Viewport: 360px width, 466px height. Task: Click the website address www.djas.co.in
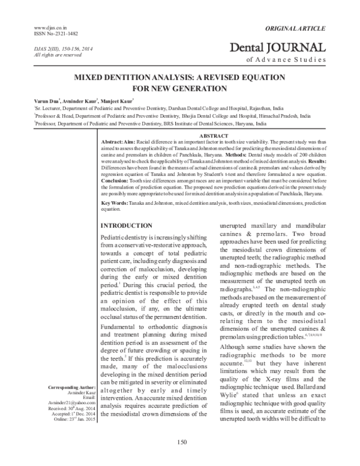pyautogui.click(x=47, y=28)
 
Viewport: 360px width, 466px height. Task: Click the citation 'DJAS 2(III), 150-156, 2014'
pyautogui.click(x=56, y=48)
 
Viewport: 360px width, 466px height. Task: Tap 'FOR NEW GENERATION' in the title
pyautogui.click(x=180, y=88)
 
